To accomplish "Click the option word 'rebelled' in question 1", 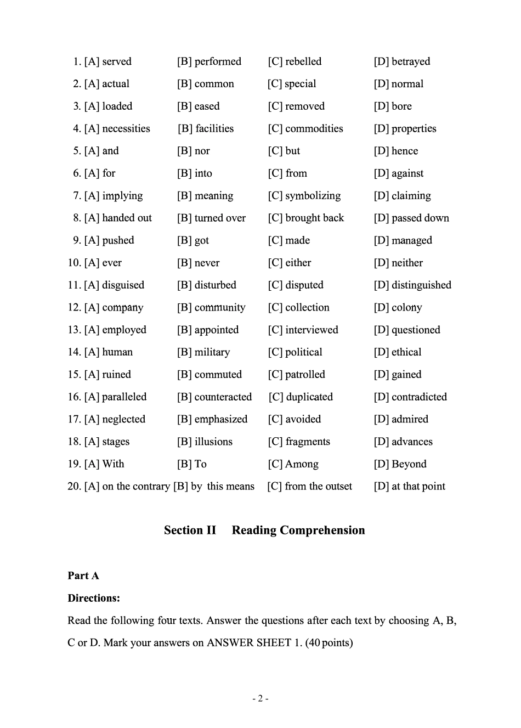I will [x=303, y=61].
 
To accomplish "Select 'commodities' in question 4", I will [x=314, y=128].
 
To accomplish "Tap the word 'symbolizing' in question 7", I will [x=313, y=196].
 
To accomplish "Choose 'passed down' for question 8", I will [x=420, y=218].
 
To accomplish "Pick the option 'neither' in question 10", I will [x=407, y=263].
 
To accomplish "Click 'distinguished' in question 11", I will [x=421, y=285].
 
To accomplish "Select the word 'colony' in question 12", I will [x=406, y=308].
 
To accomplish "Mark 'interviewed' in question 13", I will [x=312, y=330].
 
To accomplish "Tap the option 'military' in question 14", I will [x=212, y=352].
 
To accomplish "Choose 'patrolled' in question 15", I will [x=305, y=375].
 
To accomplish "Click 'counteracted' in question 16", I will [x=223, y=397].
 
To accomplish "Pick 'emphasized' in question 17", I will [x=221, y=419].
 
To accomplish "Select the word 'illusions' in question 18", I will [x=213, y=442].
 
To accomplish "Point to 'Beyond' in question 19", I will [x=409, y=464].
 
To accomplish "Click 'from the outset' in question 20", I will [x=318, y=487].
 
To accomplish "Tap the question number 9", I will [x=77, y=240].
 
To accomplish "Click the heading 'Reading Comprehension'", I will [x=298, y=531].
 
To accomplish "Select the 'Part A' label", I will [x=83, y=575].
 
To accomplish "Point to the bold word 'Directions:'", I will [x=94, y=598].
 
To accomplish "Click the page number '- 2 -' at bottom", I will [x=260, y=698].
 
